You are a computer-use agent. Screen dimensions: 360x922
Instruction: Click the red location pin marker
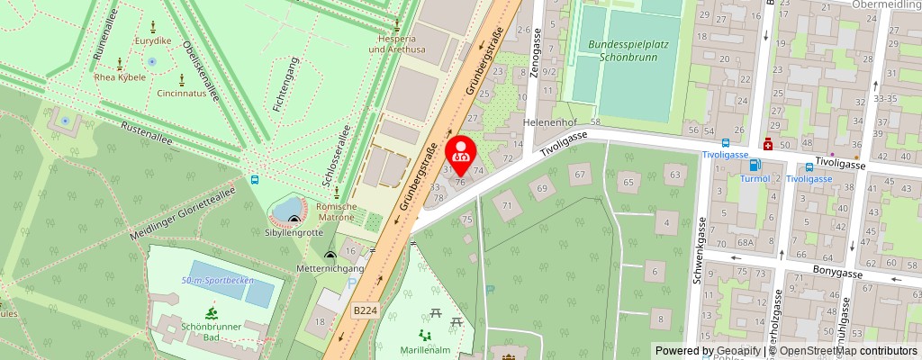click(x=462, y=151)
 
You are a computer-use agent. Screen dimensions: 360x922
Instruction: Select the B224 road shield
click(x=365, y=310)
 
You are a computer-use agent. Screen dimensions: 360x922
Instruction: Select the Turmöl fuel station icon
click(x=755, y=165)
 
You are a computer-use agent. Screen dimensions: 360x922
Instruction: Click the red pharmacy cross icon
click(x=767, y=144)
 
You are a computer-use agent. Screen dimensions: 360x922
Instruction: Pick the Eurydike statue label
click(x=153, y=41)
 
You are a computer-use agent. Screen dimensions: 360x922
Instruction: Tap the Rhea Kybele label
click(x=121, y=77)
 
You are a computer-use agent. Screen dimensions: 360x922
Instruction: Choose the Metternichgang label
click(x=331, y=269)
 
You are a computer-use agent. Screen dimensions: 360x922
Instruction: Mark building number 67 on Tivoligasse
click(x=580, y=173)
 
